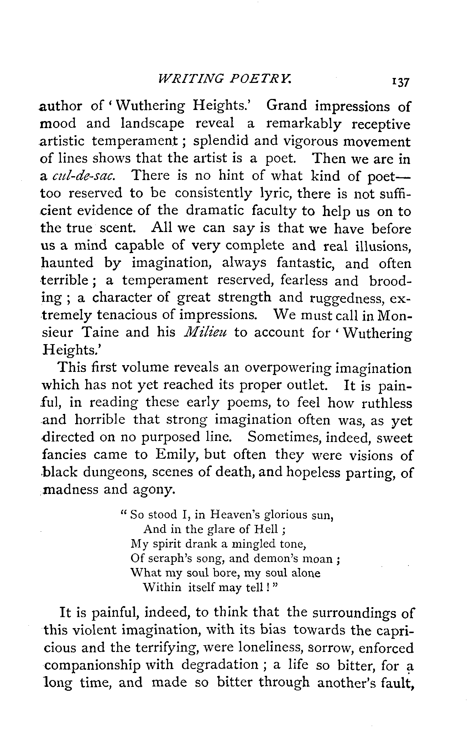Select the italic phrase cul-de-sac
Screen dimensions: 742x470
(84, 176)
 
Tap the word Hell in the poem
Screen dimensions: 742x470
(264, 530)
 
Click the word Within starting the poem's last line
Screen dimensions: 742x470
(162, 588)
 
